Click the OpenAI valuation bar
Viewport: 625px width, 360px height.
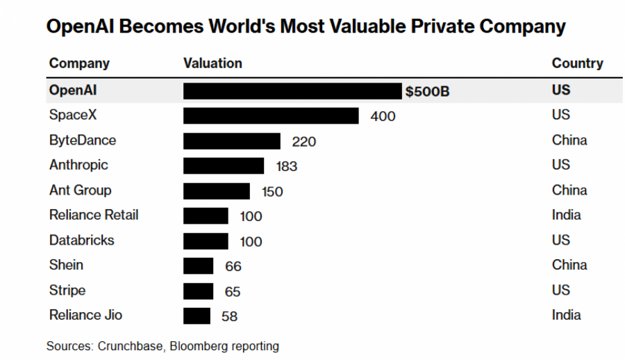[292, 91]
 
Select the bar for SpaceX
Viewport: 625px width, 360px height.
[271, 116]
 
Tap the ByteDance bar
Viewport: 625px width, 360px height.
[232, 141]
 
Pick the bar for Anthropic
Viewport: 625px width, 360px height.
[224, 166]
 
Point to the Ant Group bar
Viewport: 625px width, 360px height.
[217, 191]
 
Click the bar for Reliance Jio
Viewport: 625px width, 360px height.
[197, 316]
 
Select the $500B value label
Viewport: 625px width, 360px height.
[428, 91]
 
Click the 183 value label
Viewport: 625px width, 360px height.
[286, 166]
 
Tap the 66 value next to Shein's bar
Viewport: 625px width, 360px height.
[233, 266]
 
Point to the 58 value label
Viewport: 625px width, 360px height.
[229, 316]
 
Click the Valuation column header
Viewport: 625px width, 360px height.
[212, 63]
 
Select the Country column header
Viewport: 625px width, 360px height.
[577, 63]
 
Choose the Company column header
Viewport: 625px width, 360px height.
[79, 63]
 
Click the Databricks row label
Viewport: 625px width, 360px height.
[81, 240]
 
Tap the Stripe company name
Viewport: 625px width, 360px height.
[67, 291]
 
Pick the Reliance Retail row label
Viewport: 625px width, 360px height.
[94, 215]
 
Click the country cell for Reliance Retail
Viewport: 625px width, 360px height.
[566, 215]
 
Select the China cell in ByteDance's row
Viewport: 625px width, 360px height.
[569, 140]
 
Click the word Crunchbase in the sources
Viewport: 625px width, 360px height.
[128, 346]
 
